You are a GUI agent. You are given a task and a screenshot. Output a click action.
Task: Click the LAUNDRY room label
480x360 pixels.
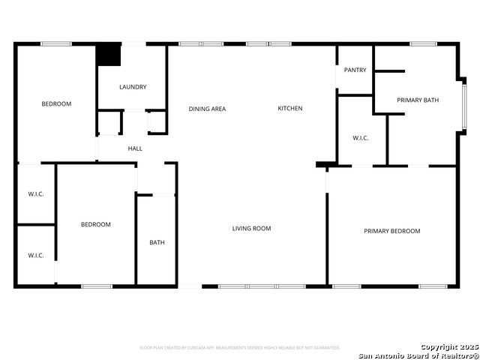(133, 87)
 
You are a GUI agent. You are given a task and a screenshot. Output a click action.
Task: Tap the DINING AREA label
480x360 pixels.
(207, 109)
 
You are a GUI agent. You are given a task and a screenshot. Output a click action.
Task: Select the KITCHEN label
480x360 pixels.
(290, 109)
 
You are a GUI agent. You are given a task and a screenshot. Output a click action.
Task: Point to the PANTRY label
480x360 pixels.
(355, 70)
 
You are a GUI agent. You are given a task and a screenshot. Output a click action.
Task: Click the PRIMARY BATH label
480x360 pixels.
(418, 100)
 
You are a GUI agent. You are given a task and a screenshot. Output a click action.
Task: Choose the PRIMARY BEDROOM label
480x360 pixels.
(392, 231)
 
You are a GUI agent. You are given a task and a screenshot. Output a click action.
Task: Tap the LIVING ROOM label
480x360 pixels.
(251, 228)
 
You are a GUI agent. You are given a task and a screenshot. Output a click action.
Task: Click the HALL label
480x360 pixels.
(135, 148)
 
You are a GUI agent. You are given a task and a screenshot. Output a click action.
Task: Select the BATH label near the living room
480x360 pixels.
(157, 242)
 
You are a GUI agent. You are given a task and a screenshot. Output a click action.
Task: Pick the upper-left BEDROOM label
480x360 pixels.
(56, 104)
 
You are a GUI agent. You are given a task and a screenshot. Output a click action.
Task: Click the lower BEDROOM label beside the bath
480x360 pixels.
(96, 224)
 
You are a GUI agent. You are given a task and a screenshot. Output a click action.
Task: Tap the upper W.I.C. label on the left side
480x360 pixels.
(36, 194)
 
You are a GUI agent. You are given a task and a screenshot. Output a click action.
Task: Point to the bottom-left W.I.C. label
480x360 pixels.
(36, 256)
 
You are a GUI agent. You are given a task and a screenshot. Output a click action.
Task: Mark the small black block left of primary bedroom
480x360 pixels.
(325, 164)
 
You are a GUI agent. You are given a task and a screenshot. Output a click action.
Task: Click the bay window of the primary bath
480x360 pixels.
(463, 105)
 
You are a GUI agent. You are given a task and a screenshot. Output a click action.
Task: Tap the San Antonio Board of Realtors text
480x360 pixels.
(418, 355)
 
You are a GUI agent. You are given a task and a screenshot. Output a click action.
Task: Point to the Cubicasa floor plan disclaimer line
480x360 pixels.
(240, 347)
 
